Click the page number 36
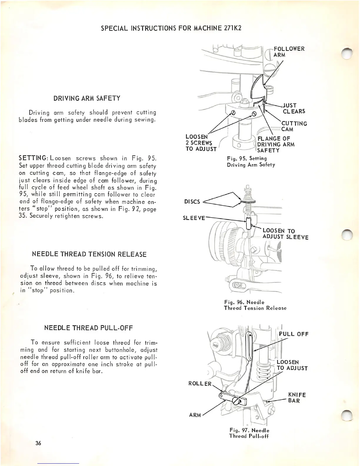click(38, 443)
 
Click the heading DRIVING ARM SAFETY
click(87, 98)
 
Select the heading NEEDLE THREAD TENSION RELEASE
click(89, 254)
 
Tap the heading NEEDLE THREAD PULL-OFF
click(89, 328)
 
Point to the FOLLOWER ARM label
click(289, 52)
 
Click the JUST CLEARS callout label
click(294, 108)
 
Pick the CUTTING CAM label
click(294, 126)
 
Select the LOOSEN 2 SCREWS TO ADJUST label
click(201, 143)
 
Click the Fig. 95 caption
click(251, 162)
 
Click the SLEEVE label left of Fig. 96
click(194, 218)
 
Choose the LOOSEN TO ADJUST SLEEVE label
click(285, 234)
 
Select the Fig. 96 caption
click(255, 305)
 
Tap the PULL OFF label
click(293, 334)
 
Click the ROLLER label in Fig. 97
click(200, 384)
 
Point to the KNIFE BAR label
click(297, 398)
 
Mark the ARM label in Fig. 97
click(195, 415)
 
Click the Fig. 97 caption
click(249, 433)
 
